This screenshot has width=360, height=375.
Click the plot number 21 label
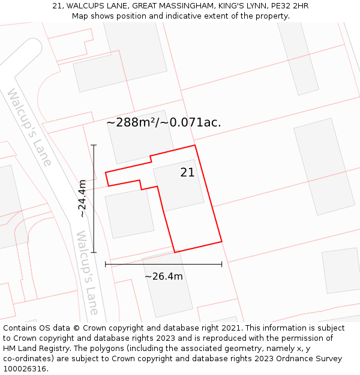(187, 173)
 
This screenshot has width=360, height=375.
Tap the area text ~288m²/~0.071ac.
(164, 122)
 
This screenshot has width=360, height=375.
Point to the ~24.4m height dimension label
(83, 199)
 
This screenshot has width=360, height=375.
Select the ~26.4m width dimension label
(164, 277)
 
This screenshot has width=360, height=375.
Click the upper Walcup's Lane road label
(29, 127)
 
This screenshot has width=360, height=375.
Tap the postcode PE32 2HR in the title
(290, 6)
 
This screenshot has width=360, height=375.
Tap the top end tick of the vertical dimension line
(94, 145)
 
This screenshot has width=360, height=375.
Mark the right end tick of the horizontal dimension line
(222, 264)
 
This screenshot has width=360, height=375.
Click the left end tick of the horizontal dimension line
(106, 264)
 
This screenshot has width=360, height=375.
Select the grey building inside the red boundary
(178, 185)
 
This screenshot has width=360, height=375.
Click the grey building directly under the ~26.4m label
(168, 294)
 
